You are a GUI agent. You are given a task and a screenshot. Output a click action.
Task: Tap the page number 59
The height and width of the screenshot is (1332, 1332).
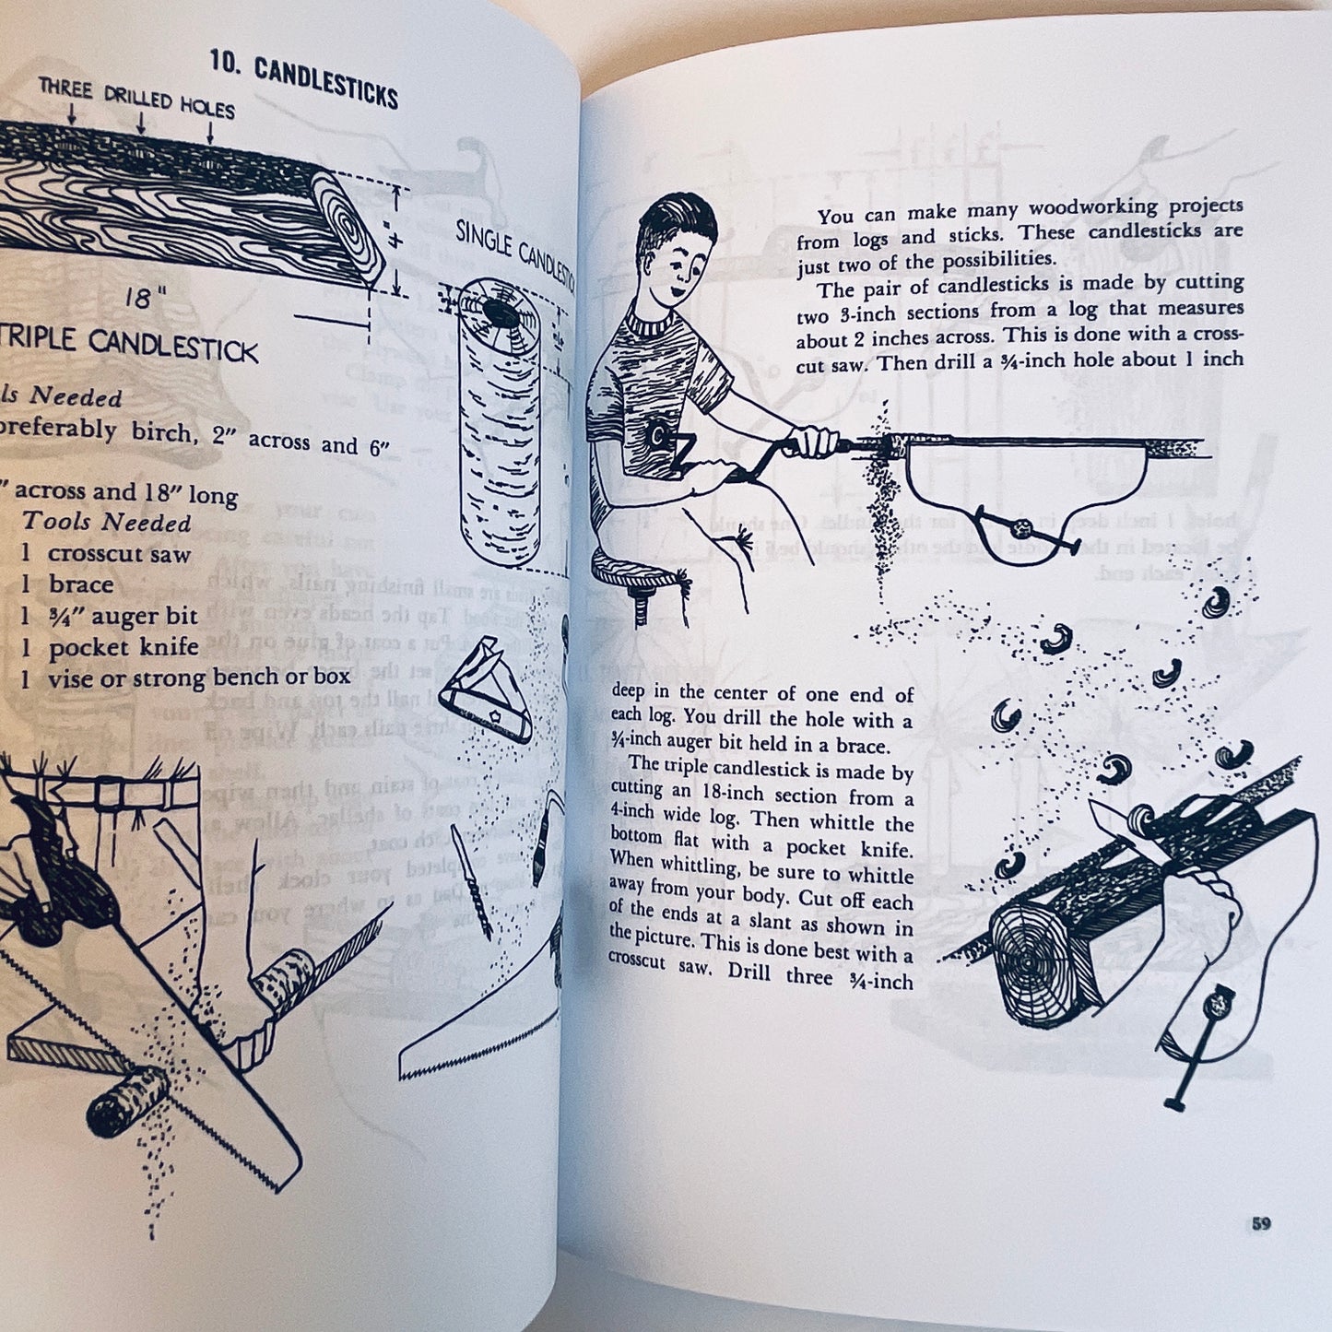(1261, 1223)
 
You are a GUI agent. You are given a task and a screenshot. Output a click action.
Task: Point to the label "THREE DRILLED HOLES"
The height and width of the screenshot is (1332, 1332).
(136, 98)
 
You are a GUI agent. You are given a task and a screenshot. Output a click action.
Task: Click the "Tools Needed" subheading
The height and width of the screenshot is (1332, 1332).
(107, 522)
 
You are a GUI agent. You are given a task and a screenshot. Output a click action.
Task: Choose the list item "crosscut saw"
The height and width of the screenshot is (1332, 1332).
(119, 554)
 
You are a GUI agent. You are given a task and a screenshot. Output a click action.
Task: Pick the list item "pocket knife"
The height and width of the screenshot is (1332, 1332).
(124, 647)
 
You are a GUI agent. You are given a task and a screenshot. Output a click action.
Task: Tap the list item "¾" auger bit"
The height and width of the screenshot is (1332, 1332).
(123, 616)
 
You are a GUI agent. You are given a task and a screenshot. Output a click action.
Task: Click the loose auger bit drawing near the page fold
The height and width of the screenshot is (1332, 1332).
(471, 880)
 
